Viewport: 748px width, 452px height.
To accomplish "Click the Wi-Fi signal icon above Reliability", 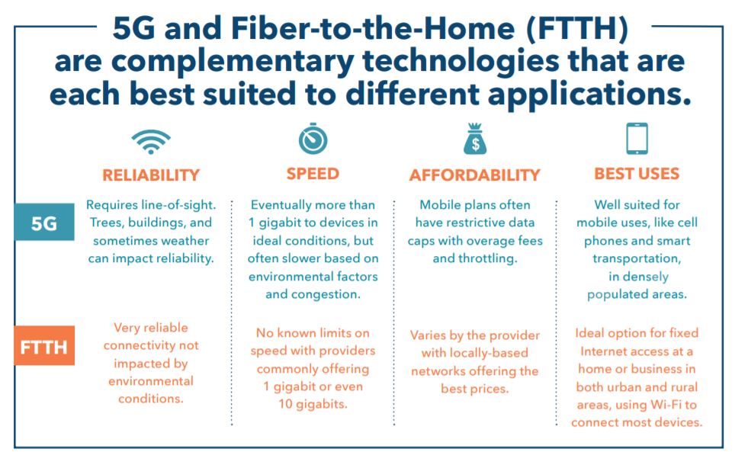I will click(x=150, y=142).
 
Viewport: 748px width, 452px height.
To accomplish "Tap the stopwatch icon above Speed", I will click(x=313, y=139).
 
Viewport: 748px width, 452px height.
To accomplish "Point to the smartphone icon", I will click(x=637, y=139).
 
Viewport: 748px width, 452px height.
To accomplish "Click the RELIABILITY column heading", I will click(x=151, y=175).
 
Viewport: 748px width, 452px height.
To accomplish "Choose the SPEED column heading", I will click(x=313, y=174).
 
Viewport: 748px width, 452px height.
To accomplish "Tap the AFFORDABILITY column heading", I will click(x=476, y=175).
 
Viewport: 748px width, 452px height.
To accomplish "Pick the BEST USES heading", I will click(x=637, y=174).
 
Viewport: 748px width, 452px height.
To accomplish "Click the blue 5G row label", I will click(x=43, y=223).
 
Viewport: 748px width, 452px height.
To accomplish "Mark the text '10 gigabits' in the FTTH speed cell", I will click(x=313, y=404).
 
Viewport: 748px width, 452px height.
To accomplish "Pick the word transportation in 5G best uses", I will click(x=637, y=258).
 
